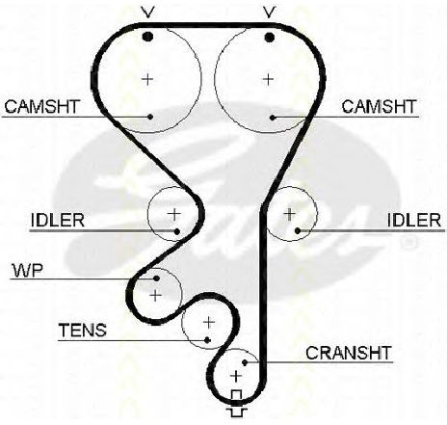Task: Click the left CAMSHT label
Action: click(x=41, y=107)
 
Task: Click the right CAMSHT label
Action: click(x=379, y=107)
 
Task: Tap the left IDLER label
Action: click(x=58, y=220)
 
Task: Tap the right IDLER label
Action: click(x=414, y=220)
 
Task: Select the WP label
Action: click(x=28, y=271)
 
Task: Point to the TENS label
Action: click(x=83, y=330)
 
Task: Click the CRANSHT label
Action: click(x=349, y=353)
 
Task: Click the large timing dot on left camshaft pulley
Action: click(x=147, y=37)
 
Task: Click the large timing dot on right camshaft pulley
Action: click(x=270, y=37)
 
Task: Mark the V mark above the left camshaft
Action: click(x=147, y=13)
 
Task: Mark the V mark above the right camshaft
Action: click(x=270, y=13)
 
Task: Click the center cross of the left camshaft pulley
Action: click(x=147, y=79)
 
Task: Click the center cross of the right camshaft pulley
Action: click(x=268, y=79)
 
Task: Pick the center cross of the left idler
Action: click(x=174, y=214)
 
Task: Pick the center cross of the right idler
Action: click(x=290, y=214)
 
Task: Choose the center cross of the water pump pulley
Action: click(x=156, y=295)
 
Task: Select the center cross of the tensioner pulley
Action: click(x=209, y=322)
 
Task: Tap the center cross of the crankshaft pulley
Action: click(x=236, y=376)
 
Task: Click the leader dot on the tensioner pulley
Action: click(x=207, y=339)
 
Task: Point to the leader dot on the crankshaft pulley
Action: click(x=245, y=362)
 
